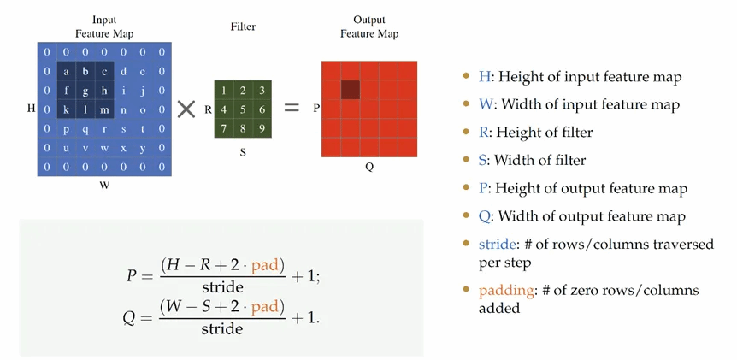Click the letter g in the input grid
coord(85,91)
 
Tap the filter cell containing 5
coord(243,109)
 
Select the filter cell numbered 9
coord(262,129)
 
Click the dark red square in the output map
coord(351,89)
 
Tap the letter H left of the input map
coord(31,109)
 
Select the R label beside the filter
coord(208,109)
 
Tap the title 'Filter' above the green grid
coord(243,27)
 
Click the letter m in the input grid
coord(104,109)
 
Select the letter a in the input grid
coord(66,72)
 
